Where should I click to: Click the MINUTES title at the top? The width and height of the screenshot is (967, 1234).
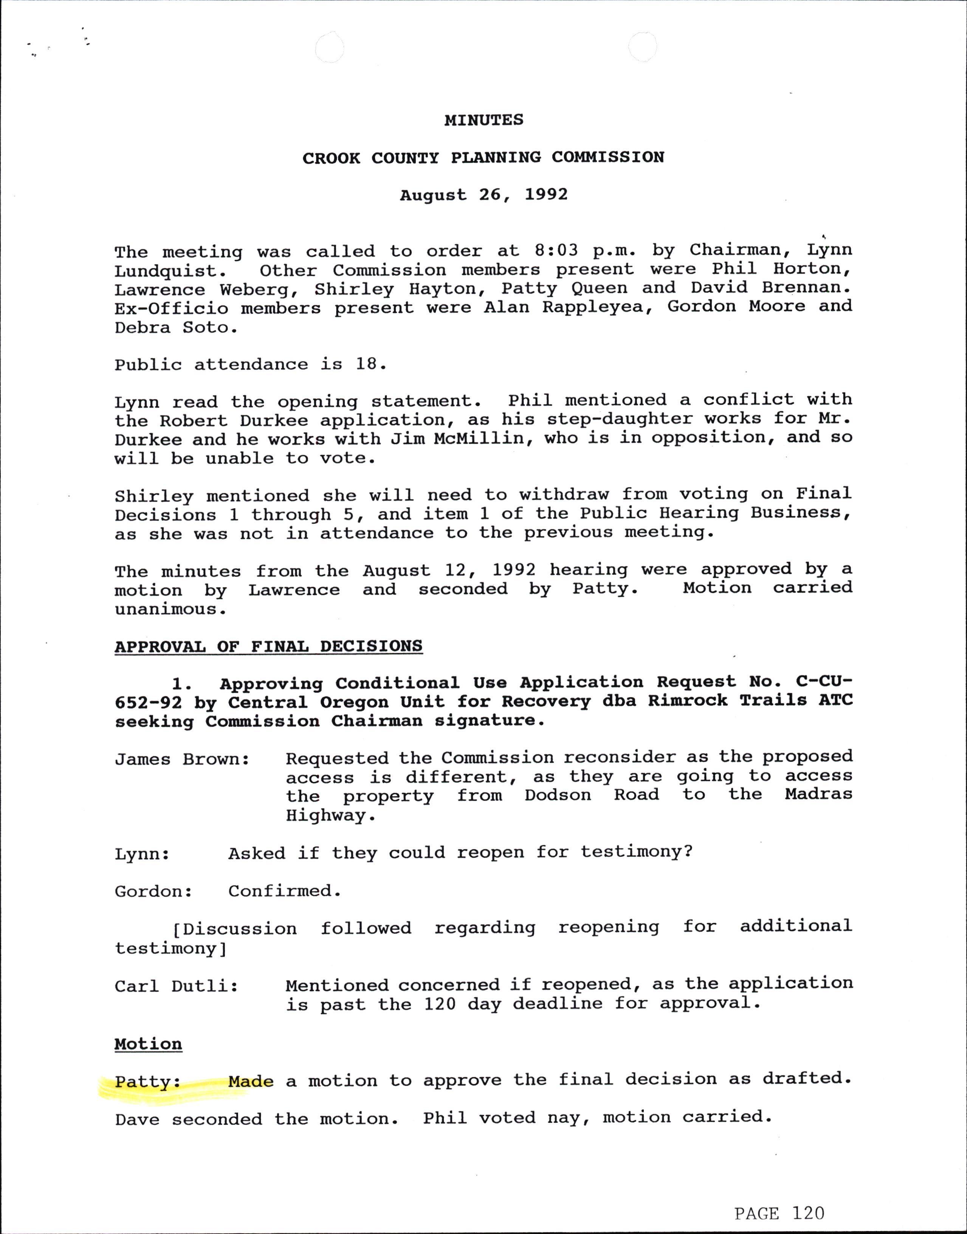(x=483, y=120)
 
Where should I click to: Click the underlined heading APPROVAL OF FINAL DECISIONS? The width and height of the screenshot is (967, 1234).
(x=268, y=646)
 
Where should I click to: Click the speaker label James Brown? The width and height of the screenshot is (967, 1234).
(x=182, y=759)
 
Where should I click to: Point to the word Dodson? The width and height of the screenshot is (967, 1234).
(x=558, y=795)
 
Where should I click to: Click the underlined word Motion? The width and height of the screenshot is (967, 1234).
(x=148, y=1044)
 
